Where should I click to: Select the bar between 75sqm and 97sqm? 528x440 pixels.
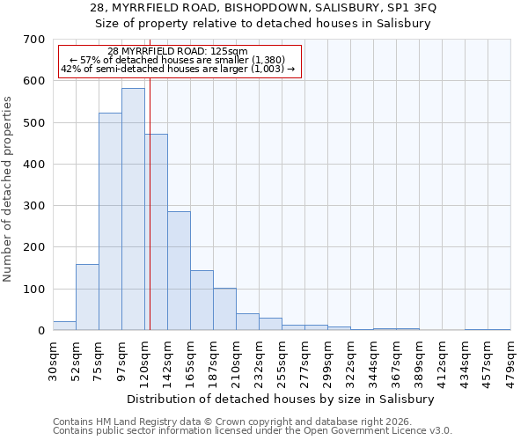110,222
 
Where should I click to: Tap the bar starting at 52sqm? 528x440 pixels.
87,297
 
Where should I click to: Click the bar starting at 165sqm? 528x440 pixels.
202,300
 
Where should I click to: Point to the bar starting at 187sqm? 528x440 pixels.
224,309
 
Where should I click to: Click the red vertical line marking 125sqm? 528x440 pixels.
150,220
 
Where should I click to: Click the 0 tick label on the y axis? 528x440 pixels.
40,331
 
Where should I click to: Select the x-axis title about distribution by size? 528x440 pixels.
282,399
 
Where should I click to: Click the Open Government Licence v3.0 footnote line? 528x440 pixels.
253,431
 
